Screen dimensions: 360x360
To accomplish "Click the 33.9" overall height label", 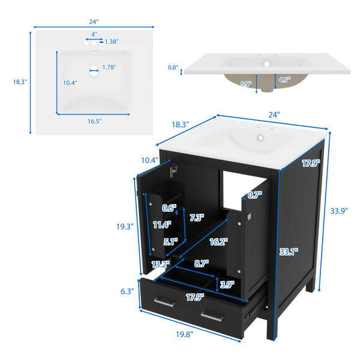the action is click(339, 211).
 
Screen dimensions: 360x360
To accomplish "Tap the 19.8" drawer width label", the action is click(184, 334).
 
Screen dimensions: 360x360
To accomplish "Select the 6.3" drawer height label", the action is click(127, 292).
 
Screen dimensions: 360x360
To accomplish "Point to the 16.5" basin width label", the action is click(94, 121).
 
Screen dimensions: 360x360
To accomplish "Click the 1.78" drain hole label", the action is click(109, 67).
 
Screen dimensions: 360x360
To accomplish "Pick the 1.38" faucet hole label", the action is click(112, 41).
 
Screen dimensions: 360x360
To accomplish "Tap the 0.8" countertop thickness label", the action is click(173, 67).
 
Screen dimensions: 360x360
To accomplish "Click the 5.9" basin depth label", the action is click(246, 84).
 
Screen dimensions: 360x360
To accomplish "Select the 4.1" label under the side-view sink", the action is click(284, 79).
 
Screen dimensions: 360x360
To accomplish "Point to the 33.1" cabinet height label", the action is click(289, 252).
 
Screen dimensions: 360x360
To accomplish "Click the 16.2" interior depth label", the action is click(218, 242).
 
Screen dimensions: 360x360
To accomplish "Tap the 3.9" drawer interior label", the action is click(227, 284).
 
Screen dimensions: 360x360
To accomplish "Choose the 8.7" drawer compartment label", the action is click(202, 263).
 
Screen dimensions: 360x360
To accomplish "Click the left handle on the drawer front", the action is click(164, 302).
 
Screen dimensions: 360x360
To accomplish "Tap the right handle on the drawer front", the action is click(212, 316).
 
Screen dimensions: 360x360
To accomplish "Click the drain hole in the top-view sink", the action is click(94, 70).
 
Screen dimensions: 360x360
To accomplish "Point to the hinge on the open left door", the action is click(173, 170).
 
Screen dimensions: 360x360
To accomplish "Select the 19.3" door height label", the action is click(125, 226).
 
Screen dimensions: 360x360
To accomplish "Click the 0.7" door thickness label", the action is click(255, 195).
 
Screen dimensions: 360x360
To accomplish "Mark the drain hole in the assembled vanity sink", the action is click(260, 137).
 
